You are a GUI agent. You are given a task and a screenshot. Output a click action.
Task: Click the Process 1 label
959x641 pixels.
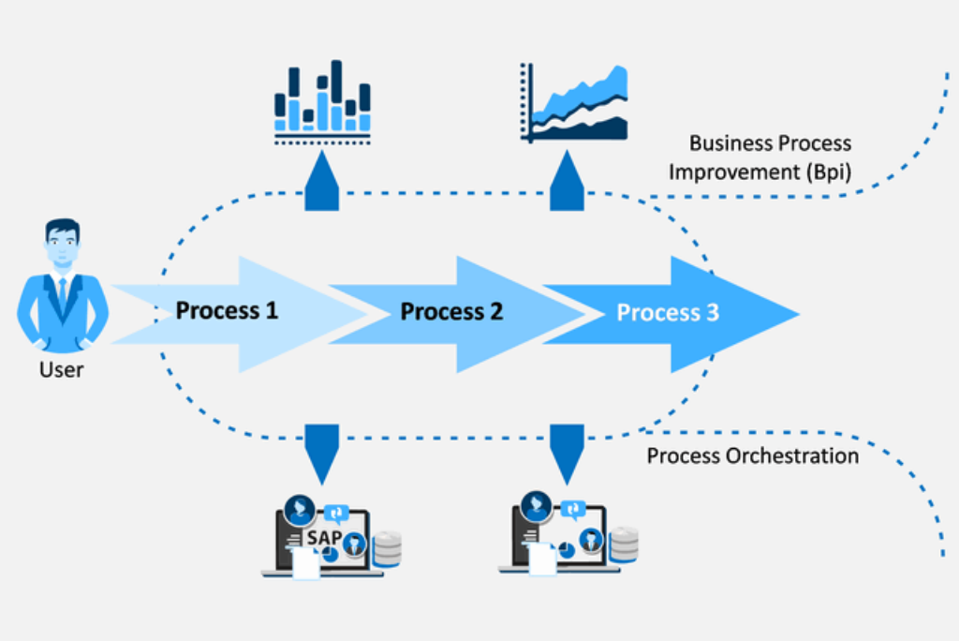click(227, 310)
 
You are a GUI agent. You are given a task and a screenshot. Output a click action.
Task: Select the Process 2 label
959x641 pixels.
click(451, 312)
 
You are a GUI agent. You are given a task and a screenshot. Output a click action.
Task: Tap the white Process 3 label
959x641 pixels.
click(668, 313)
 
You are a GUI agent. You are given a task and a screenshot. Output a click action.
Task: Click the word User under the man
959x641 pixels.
click(62, 369)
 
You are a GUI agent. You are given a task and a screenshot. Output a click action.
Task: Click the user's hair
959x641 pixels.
click(62, 228)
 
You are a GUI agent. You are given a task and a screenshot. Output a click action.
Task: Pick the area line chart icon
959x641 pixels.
click(573, 103)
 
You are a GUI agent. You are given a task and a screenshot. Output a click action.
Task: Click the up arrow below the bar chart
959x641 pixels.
click(322, 179)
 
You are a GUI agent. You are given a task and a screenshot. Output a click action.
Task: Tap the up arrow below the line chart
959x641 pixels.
click(567, 179)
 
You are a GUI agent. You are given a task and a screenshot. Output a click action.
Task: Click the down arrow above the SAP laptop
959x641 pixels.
click(322, 447)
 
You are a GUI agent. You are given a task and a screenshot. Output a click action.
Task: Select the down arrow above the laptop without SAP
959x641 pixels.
click(567, 447)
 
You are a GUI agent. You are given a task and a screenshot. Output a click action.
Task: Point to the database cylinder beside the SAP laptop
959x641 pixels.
click(387, 548)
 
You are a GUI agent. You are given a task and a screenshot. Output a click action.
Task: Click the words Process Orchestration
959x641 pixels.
click(753, 456)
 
